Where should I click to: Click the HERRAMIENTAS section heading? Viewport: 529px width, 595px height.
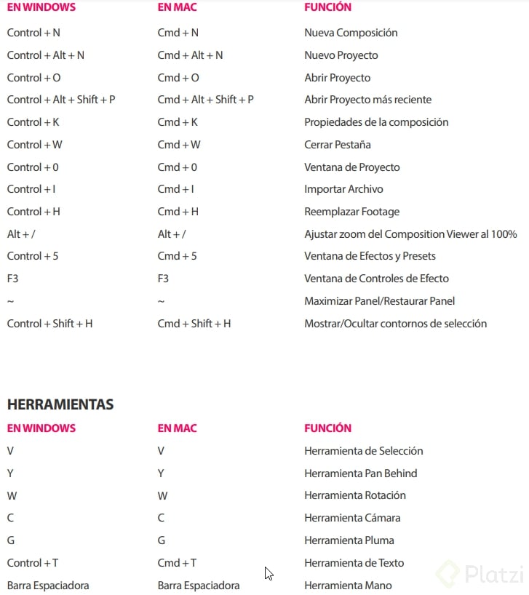click(x=60, y=404)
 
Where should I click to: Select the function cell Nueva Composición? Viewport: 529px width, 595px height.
click(x=351, y=33)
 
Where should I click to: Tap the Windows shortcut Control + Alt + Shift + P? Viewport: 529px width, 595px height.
click(x=61, y=100)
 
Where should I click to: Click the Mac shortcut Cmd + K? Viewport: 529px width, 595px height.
click(x=178, y=122)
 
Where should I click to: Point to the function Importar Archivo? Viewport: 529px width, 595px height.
click(x=343, y=189)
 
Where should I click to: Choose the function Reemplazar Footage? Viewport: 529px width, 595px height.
click(x=351, y=212)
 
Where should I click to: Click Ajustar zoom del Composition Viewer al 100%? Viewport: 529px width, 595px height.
click(x=410, y=234)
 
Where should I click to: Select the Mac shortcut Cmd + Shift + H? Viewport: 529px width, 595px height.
click(x=194, y=324)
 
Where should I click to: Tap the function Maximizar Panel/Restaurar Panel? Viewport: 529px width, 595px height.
click(x=380, y=301)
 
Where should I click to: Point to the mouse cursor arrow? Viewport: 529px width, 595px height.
click(x=269, y=573)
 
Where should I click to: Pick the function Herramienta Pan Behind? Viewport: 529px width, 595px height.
click(x=360, y=474)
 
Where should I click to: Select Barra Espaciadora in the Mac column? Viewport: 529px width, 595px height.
click(x=199, y=586)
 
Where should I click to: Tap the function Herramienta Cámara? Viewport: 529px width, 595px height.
click(x=352, y=518)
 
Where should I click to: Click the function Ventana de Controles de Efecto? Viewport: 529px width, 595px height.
click(x=376, y=279)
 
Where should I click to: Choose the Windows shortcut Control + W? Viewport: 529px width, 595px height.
click(x=35, y=145)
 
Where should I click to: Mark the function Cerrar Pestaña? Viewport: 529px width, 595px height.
click(x=338, y=145)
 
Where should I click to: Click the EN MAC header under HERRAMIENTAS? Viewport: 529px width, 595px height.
click(x=177, y=428)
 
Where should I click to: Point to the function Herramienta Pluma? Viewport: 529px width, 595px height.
click(x=349, y=540)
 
